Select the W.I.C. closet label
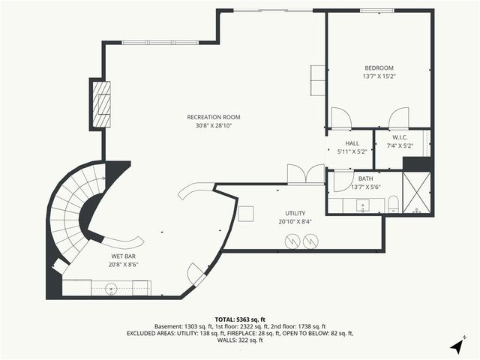coord(400,137)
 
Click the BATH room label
coord(365,178)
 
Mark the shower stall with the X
coord(417,193)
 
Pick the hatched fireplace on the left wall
coord(101,103)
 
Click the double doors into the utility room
coord(306,174)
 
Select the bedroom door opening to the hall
coord(340,118)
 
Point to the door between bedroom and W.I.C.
coord(398,118)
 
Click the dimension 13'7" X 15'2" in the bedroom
coord(379,76)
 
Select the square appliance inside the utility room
coord(245,213)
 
